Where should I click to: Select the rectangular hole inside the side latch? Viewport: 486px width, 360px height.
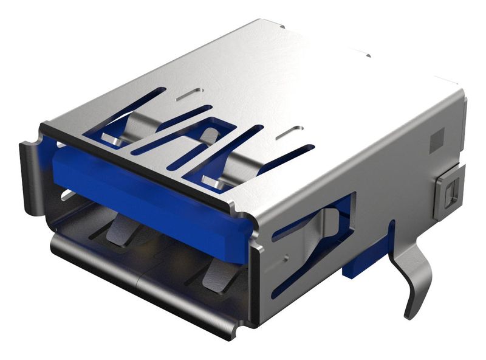click(x=449, y=195)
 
